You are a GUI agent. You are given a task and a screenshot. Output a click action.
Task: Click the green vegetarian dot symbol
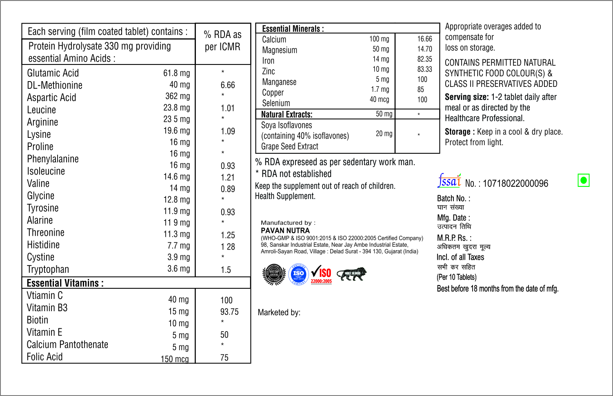pyautogui.click(x=584, y=180)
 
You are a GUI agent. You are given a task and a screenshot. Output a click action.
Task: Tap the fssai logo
pyautogui.click(x=449, y=181)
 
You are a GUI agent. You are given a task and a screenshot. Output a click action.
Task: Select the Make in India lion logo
pyautogui.click(x=352, y=274)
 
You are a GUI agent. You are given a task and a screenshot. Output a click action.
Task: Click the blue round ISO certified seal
pyautogui.click(x=298, y=274)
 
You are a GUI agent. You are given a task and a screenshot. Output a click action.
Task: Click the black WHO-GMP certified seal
pyautogui.click(x=274, y=274)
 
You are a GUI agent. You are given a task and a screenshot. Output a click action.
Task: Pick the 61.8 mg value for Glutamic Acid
pyautogui.click(x=176, y=73)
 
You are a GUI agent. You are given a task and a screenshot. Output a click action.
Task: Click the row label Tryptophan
pyautogui.click(x=48, y=269)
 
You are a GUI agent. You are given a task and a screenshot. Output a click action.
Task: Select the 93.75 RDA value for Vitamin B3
pyautogui.click(x=229, y=312)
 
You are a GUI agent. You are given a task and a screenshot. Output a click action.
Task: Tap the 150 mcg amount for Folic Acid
pyautogui.click(x=175, y=359)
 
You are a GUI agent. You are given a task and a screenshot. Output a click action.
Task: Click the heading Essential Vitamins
pyautogui.click(x=65, y=283)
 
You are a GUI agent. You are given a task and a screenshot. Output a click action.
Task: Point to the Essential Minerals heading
pyautogui.click(x=293, y=29)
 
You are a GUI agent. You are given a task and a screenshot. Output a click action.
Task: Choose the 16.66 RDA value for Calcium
pyautogui.click(x=424, y=39)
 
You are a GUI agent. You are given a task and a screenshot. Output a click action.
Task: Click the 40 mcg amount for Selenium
pyautogui.click(x=379, y=100)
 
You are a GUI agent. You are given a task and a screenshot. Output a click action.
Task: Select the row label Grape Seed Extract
pyautogui.click(x=289, y=146)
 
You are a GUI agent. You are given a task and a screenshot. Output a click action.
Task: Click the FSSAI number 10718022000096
pyautogui.click(x=515, y=184)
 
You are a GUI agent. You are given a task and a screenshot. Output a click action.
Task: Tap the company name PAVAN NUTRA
pyautogui.click(x=285, y=230)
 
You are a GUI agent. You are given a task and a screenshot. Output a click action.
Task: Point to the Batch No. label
pyautogui.click(x=453, y=199)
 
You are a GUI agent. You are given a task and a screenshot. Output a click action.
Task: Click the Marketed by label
pyautogui.click(x=279, y=312)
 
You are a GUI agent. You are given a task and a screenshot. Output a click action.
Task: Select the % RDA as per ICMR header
pyautogui.click(x=222, y=40)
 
